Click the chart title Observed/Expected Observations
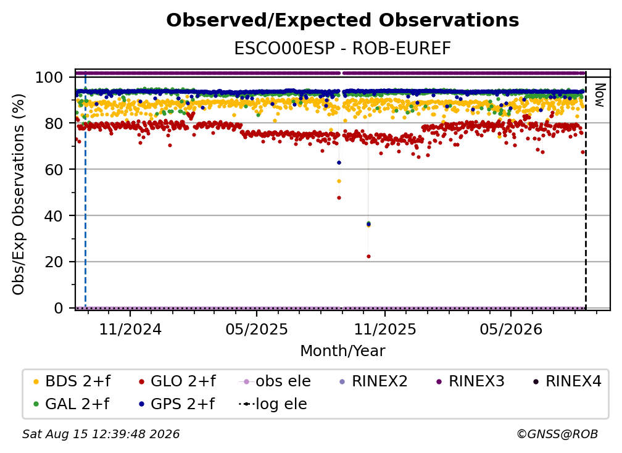point(342,20)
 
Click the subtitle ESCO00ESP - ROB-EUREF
point(342,48)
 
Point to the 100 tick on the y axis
point(49,77)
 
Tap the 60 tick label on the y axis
point(54,169)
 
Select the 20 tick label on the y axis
point(54,262)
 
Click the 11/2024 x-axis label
point(130,329)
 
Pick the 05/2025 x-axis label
point(257,329)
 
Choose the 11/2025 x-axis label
point(385,329)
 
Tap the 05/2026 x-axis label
point(511,329)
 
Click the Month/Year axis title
point(342,351)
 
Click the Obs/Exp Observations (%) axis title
point(19,194)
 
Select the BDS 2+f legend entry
point(72,381)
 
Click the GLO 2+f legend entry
point(177,381)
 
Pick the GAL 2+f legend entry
point(71,404)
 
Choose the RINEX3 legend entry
point(470,381)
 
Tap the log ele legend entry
point(273,404)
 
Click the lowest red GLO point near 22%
point(368,257)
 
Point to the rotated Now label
point(599,95)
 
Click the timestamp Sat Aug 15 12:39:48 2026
point(101,434)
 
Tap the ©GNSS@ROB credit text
point(557,434)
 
